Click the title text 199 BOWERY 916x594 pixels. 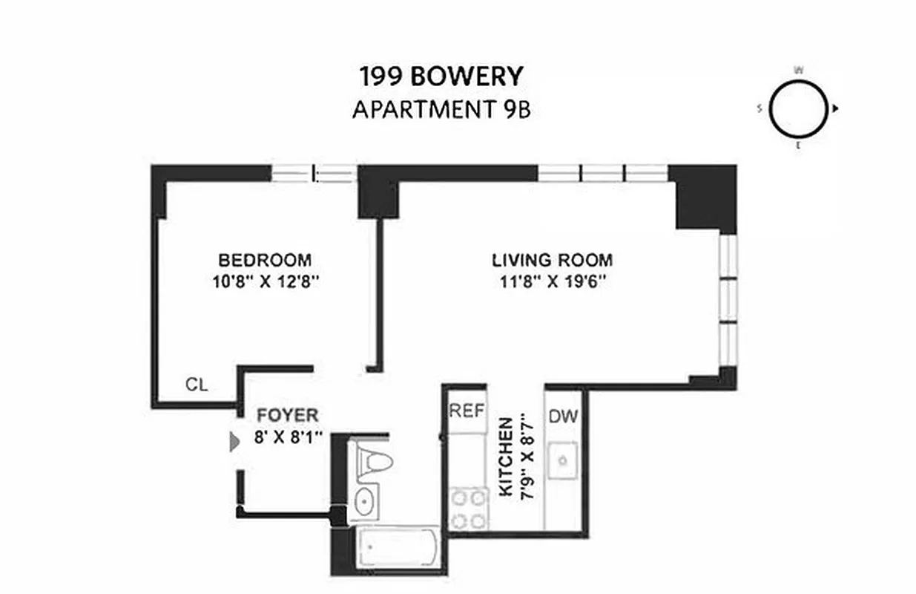click(442, 76)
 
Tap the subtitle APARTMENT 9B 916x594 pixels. click(442, 110)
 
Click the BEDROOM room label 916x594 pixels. click(265, 261)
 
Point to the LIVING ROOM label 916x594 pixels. click(553, 261)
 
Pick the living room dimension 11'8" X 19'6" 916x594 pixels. click(553, 282)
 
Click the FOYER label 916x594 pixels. click(287, 415)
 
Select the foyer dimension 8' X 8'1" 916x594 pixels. click(289, 437)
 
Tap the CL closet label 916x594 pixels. click(197, 385)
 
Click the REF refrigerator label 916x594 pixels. click(467, 411)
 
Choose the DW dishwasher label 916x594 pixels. click(564, 417)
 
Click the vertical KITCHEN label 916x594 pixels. click(506, 457)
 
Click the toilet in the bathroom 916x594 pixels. click(369, 461)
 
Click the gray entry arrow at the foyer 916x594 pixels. click(234, 443)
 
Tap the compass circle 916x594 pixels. click(798, 109)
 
